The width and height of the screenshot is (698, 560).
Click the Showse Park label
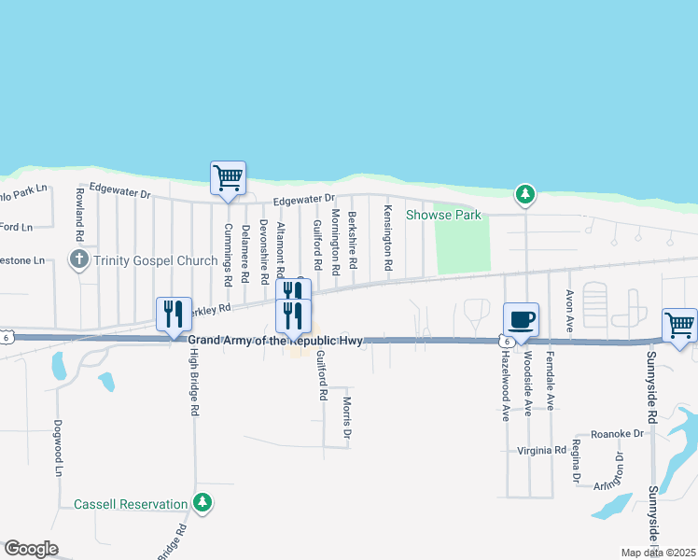(443, 216)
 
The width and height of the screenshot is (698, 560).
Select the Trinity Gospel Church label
(155, 260)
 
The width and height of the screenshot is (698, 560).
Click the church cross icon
(79, 260)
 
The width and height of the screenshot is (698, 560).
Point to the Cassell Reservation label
(131, 504)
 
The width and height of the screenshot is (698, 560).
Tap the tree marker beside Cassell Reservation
(202, 503)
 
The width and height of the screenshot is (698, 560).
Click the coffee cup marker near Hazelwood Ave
(521, 319)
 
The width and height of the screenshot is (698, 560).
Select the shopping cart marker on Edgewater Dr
(228, 177)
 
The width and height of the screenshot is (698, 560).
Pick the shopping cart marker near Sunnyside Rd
(680, 326)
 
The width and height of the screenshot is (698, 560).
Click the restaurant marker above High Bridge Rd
(173, 315)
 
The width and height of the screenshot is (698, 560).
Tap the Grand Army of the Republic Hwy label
(275, 342)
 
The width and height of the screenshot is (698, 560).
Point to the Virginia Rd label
(542, 450)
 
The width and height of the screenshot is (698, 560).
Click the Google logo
(31, 549)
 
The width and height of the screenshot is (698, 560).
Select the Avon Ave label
(568, 303)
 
